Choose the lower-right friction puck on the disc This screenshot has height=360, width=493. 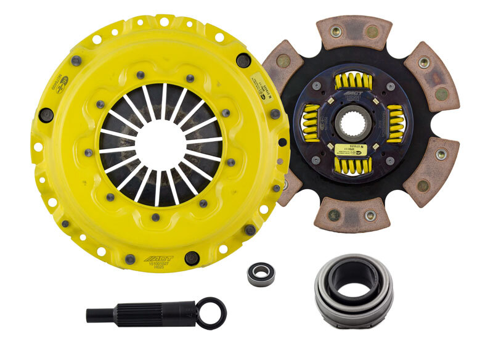tap(431, 171)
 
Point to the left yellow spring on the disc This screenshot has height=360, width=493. tap(311, 124)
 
